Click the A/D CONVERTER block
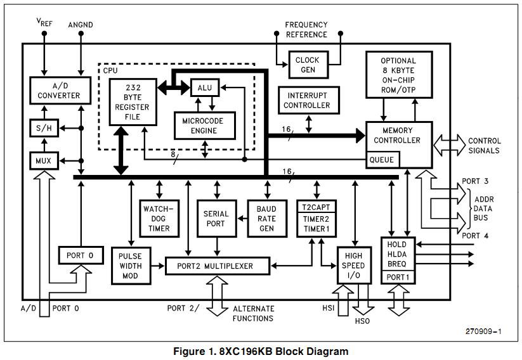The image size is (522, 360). click(x=59, y=91)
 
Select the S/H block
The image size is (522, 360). click(x=43, y=127)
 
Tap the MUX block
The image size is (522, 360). click(x=43, y=161)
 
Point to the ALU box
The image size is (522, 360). click(x=205, y=87)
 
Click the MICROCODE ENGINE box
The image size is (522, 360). click(x=199, y=125)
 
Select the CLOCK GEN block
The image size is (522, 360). click(x=307, y=65)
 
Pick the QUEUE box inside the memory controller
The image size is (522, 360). click(x=381, y=160)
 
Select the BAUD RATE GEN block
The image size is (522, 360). click(x=266, y=217)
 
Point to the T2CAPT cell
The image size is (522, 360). click(x=316, y=207)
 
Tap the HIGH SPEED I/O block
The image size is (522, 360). click(x=353, y=264)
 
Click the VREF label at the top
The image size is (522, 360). click(x=44, y=24)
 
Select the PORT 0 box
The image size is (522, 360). click(x=80, y=255)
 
